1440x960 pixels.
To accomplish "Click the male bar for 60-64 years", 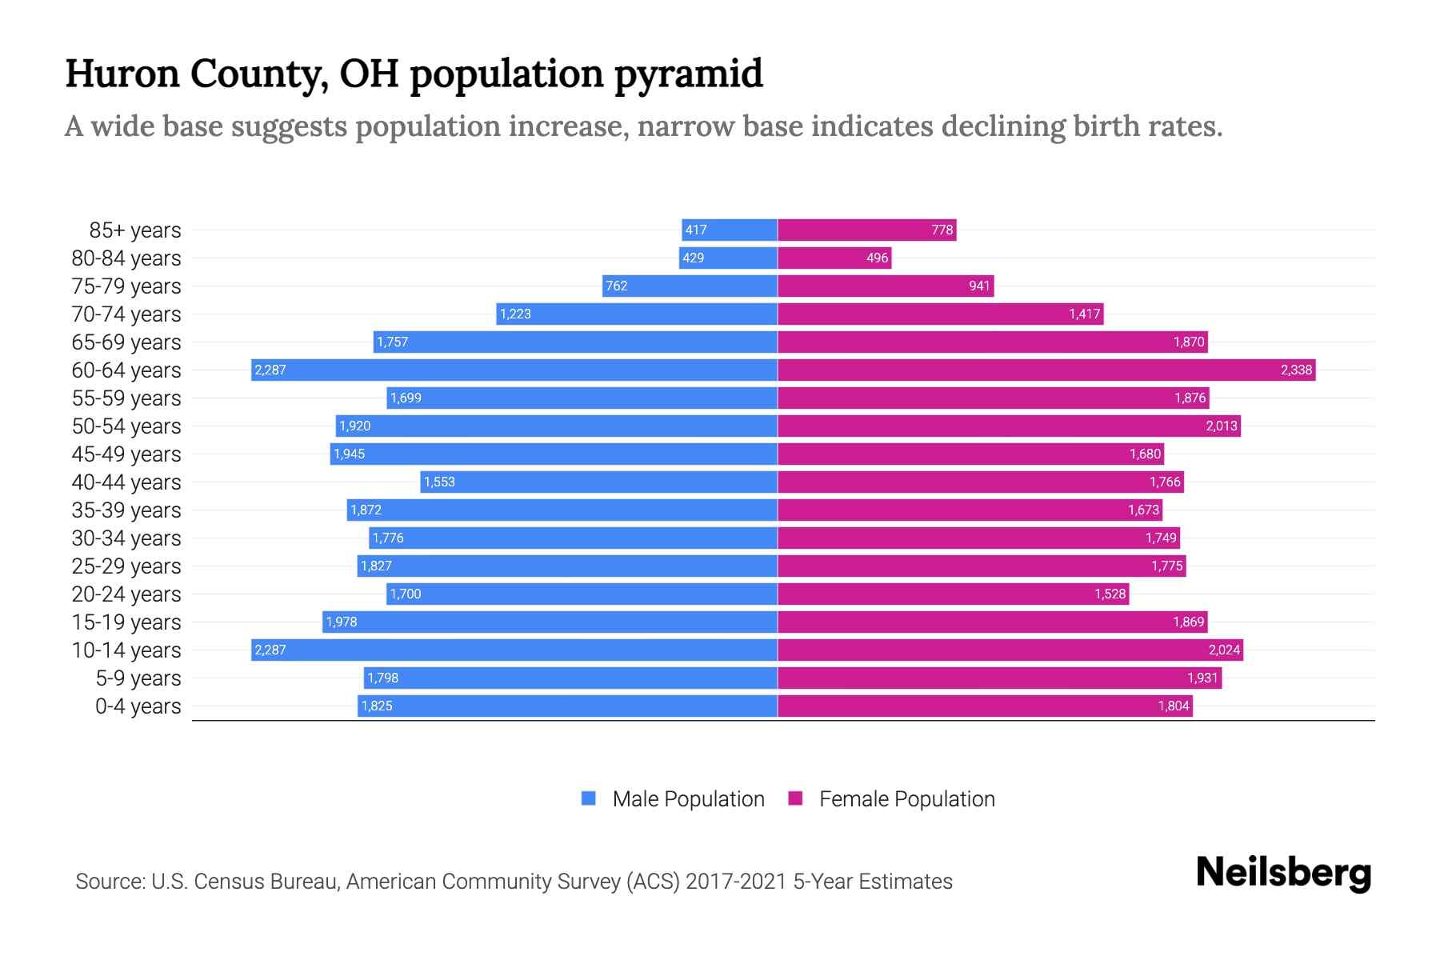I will [514, 370].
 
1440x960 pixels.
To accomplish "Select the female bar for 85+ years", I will [866, 230].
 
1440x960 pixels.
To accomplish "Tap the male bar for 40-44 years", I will [598, 482].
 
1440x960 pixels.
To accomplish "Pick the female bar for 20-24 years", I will [953, 594].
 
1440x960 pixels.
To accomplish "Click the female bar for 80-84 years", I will [834, 258].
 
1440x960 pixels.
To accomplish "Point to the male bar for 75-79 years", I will [690, 286].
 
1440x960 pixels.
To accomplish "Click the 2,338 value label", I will [1296, 370].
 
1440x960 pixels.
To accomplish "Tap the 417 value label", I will [696, 230].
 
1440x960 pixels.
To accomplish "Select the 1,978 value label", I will [342, 622].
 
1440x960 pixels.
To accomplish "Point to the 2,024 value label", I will [1224, 650].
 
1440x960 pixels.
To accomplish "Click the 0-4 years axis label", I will [138, 706].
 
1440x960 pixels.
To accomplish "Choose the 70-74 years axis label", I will [126, 314].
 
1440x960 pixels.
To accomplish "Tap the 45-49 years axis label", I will [126, 454].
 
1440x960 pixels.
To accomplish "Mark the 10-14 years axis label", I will [126, 650].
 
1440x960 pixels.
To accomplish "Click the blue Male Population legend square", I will [589, 798].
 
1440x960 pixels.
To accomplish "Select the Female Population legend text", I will [906, 798].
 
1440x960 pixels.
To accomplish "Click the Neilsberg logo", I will [1283, 873].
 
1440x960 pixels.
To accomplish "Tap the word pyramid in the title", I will [688, 74].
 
